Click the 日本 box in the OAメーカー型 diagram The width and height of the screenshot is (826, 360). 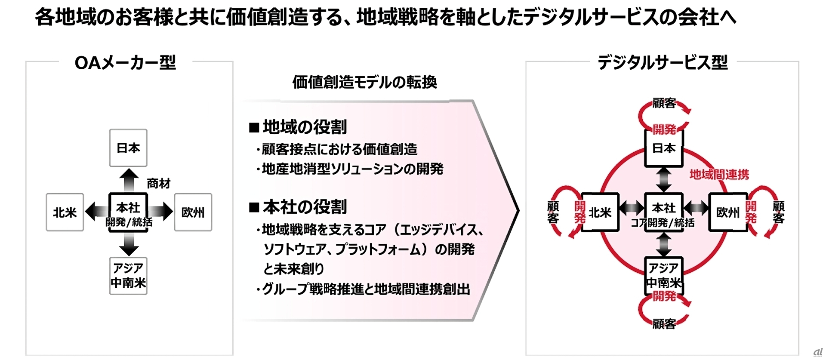pyautogui.click(x=128, y=148)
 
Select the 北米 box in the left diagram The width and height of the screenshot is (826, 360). pyautogui.click(x=65, y=212)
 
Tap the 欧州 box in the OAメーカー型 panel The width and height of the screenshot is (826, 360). pyautogui.click(x=193, y=212)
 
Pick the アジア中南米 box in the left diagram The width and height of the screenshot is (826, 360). pyautogui.click(x=128, y=276)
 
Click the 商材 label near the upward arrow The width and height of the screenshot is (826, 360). pyautogui.click(x=158, y=184)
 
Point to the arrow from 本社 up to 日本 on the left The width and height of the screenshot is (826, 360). pyautogui.click(x=129, y=179)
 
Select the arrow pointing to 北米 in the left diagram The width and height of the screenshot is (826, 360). pyautogui.click(x=96, y=212)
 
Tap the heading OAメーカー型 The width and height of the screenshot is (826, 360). pyautogui.click(x=125, y=63)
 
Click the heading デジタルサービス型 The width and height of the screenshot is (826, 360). pyautogui.click(x=663, y=63)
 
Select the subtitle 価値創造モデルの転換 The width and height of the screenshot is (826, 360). pyautogui.click(x=364, y=82)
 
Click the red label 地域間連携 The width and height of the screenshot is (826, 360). pyautogui.click(x=719, y=174)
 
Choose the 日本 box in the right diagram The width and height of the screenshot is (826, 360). pyautogui.click(x=664, y=148)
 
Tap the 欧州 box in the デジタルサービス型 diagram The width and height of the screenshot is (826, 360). pyautogui.click(x=727, y=212)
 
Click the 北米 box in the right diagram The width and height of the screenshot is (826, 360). pyautogui.click(x=600, y=212)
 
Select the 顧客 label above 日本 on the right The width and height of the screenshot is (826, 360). pyautogui.click(x=664, y=103)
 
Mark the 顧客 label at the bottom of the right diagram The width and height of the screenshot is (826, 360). pyautogui.click(x=664, y=324)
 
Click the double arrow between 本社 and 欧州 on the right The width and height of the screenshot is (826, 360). pyautogui.click(x=696, y=208)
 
